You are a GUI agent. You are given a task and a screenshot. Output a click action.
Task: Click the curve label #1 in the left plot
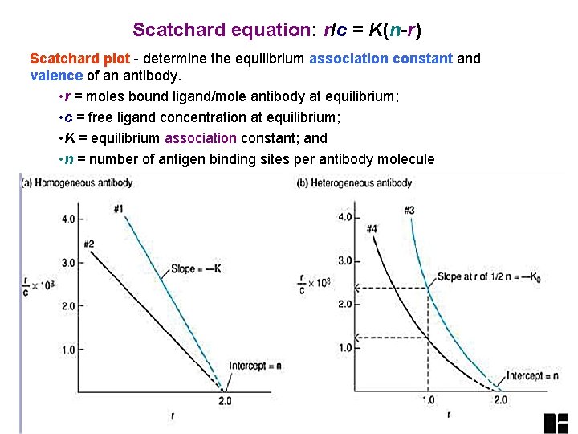click(x=118, y=210)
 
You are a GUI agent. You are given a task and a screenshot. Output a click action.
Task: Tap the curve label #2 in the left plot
click(x=89, y=244)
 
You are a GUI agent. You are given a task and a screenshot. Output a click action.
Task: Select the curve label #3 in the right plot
click(x=409, y=211)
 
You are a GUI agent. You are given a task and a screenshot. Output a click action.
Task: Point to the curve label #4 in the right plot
click(x=372, y=229)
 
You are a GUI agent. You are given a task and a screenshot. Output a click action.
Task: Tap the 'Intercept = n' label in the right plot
click(x=532, y=375)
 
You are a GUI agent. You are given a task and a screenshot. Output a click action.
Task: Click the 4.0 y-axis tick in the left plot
click(x=67, y=219)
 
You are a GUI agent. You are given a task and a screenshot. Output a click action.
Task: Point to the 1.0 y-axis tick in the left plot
click(x=67, y=350)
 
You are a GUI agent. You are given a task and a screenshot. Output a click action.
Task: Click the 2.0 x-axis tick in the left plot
click(x=224, y=400)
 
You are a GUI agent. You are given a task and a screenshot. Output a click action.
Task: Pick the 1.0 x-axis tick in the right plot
click(x=428, y=400)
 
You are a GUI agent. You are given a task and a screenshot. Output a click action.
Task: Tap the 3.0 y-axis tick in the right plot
click(x=345, y=260)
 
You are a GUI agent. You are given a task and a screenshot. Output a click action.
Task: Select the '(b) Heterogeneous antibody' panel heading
click(x=354, y=182)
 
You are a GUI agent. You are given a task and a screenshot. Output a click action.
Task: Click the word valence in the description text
click(x=56, y=76)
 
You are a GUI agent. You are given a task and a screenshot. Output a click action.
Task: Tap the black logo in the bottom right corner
click(x=556, y=423)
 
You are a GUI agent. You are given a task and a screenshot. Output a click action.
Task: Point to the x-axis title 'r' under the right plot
click(x=448, y=415)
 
